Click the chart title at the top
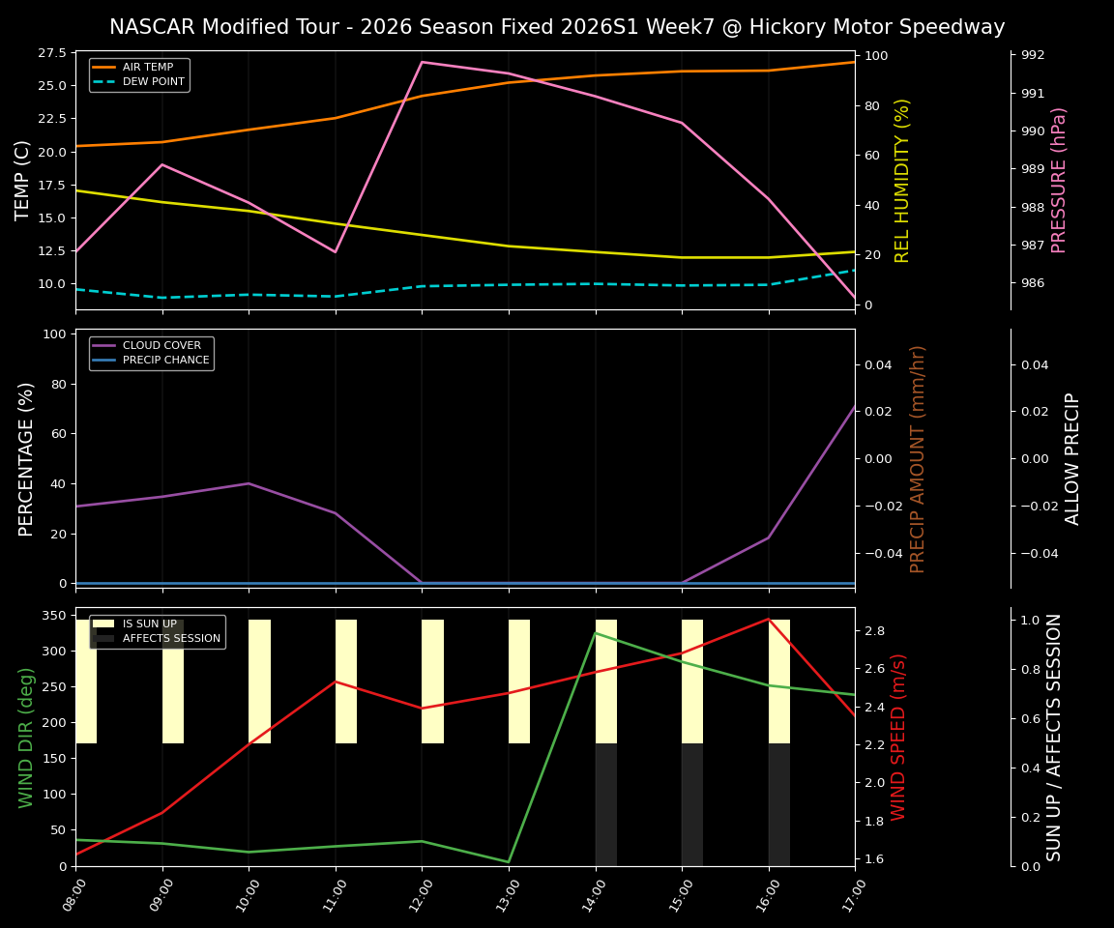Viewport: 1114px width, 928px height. (x=557, y=27)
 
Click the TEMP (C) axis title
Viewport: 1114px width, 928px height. (x=23, y=180)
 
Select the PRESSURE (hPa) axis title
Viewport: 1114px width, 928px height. (x=1059, y=180)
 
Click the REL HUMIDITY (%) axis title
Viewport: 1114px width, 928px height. (x=902, y=180)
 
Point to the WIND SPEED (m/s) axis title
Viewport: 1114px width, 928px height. (x=898, y=737)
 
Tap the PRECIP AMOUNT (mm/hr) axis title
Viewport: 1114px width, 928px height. (x=918, y=458)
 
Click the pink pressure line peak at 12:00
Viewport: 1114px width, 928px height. (x=422, y=62)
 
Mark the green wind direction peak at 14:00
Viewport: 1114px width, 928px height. (x=596, y=633)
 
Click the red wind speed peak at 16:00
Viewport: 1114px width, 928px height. (x=769, y=619)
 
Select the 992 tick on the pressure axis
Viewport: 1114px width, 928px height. (x=1034, y=55)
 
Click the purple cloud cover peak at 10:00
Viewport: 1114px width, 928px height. (x=249, y=483)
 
